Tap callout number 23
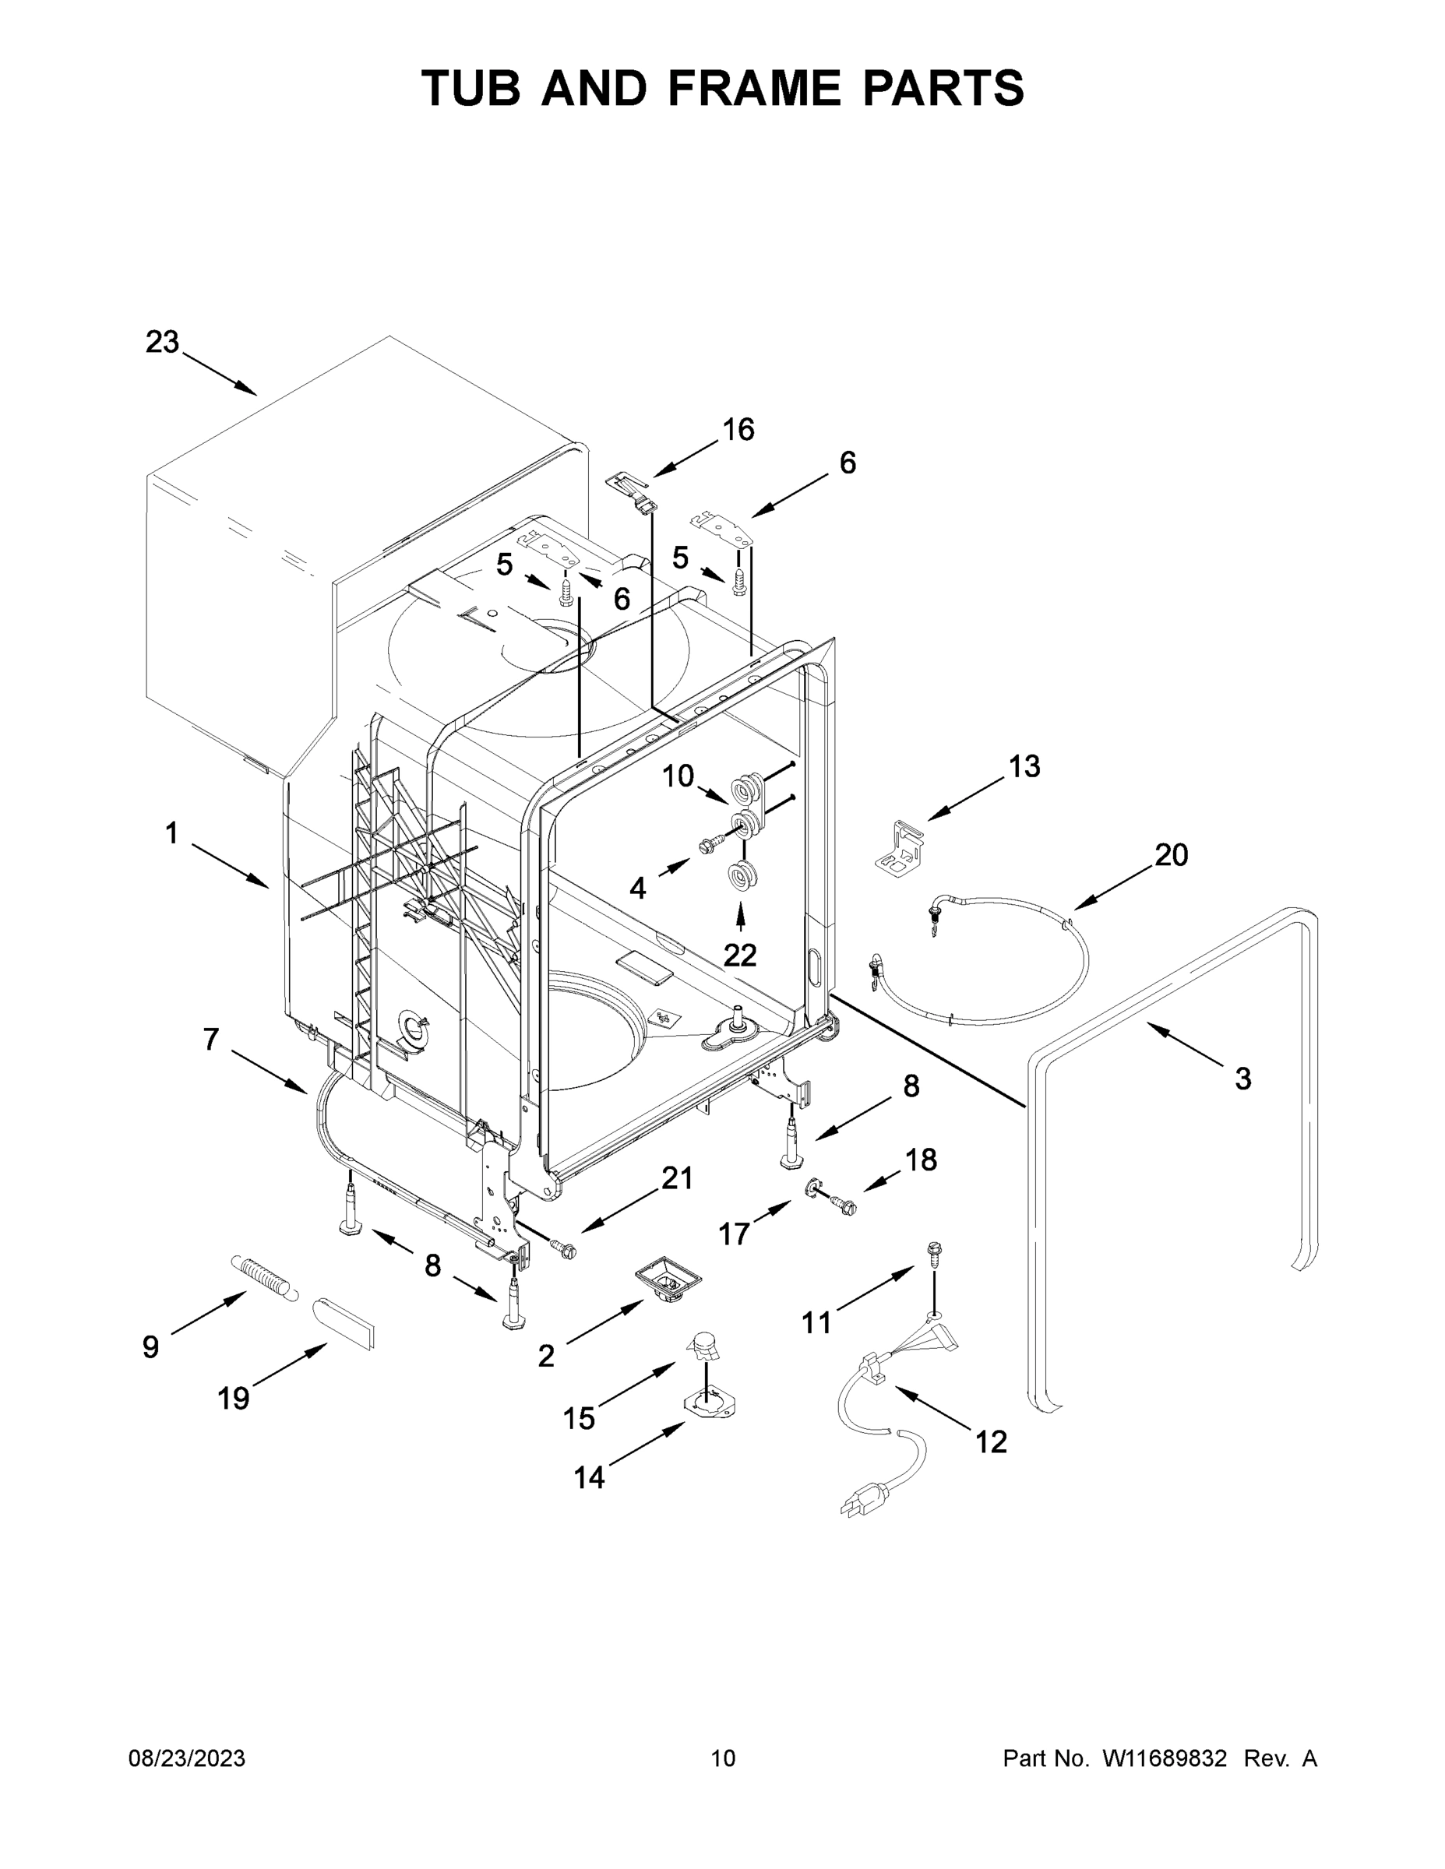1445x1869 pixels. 162,343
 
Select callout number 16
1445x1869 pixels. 738,430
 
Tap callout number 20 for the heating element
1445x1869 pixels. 1171,854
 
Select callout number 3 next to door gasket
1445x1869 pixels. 1243,1079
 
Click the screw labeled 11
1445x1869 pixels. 932,1254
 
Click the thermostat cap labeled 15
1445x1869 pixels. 707,1350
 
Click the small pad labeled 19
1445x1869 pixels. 344,1322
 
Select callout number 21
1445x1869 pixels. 676,1179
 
